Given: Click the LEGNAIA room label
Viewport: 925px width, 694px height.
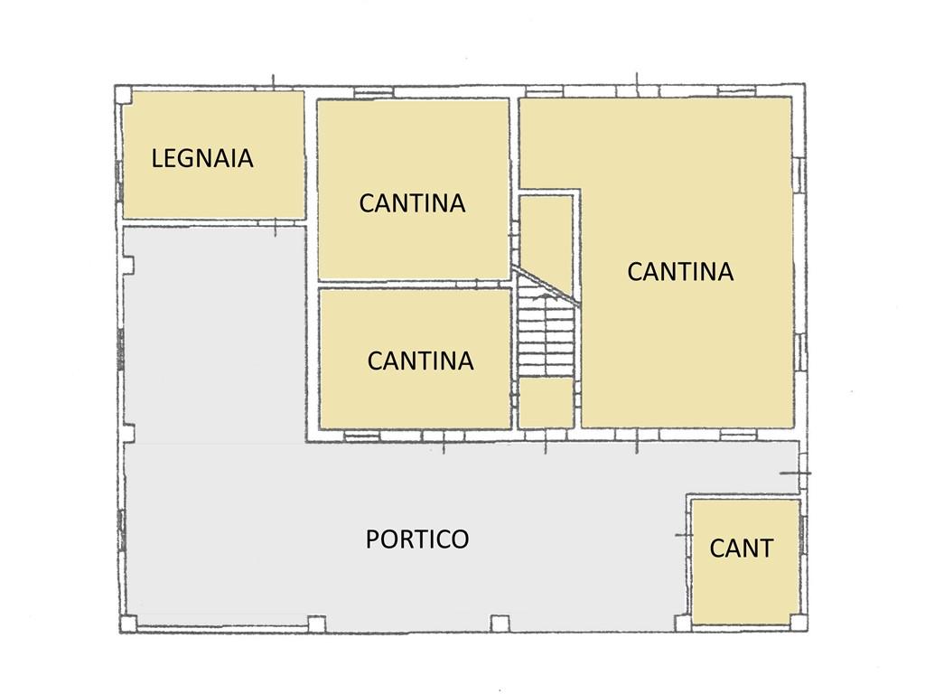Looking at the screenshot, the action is [202, 158].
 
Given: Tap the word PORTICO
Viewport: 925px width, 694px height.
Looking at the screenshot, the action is [417, 539].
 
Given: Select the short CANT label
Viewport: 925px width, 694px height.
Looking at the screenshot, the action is [741, 549].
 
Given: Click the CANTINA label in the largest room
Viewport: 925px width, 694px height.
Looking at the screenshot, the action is [680, 271].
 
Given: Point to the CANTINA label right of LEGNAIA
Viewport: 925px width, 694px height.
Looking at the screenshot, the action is [412, 203].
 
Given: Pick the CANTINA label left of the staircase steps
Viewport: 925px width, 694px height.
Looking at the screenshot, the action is [421, 361].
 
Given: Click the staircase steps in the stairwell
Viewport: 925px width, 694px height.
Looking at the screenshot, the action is [547, 336].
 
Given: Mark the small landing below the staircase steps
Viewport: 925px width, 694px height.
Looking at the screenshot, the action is [547, 402].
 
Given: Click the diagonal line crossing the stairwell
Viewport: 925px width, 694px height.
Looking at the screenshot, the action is [547, 286].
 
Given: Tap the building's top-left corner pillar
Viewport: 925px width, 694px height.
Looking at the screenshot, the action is [123, 94].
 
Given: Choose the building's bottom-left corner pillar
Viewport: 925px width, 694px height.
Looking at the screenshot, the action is [128, 624].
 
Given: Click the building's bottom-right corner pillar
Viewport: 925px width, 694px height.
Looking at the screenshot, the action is [799, 623].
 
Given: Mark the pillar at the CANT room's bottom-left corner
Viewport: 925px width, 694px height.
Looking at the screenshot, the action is [683, 624].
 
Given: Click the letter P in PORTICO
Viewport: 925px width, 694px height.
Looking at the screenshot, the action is [372, 539].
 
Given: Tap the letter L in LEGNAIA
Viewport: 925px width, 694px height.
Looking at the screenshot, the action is [157, 158].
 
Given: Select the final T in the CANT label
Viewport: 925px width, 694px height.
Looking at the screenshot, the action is [765, 549].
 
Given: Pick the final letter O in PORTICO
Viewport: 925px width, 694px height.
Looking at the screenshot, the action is [459, 539].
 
